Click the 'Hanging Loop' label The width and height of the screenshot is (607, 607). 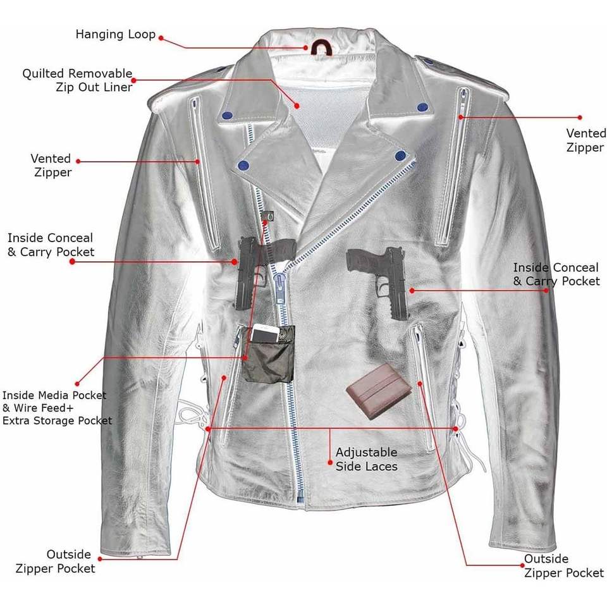click(116, 34)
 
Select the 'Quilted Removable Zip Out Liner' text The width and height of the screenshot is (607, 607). click(77, 80)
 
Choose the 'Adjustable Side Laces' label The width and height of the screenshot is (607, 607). click(366, 460)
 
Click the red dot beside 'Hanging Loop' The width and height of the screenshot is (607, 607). click(161, 38)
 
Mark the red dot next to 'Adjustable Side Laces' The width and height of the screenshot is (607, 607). click(330, 462)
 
